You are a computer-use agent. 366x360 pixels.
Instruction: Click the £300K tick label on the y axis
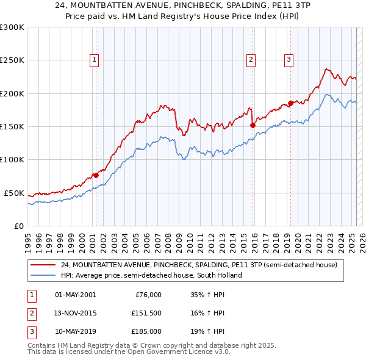12,27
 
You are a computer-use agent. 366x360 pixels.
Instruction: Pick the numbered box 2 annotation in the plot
251,59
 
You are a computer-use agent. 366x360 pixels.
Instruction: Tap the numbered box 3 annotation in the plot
289,59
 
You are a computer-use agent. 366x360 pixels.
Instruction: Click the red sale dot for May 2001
96,175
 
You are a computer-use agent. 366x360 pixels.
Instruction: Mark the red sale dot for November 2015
253,125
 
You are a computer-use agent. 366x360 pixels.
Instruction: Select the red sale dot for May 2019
291,103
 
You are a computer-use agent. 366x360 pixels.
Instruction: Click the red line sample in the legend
44,265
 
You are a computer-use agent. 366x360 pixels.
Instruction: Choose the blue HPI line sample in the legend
44,275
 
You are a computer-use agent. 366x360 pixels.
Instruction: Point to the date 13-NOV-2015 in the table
76,313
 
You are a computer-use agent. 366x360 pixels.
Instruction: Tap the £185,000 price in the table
146,331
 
